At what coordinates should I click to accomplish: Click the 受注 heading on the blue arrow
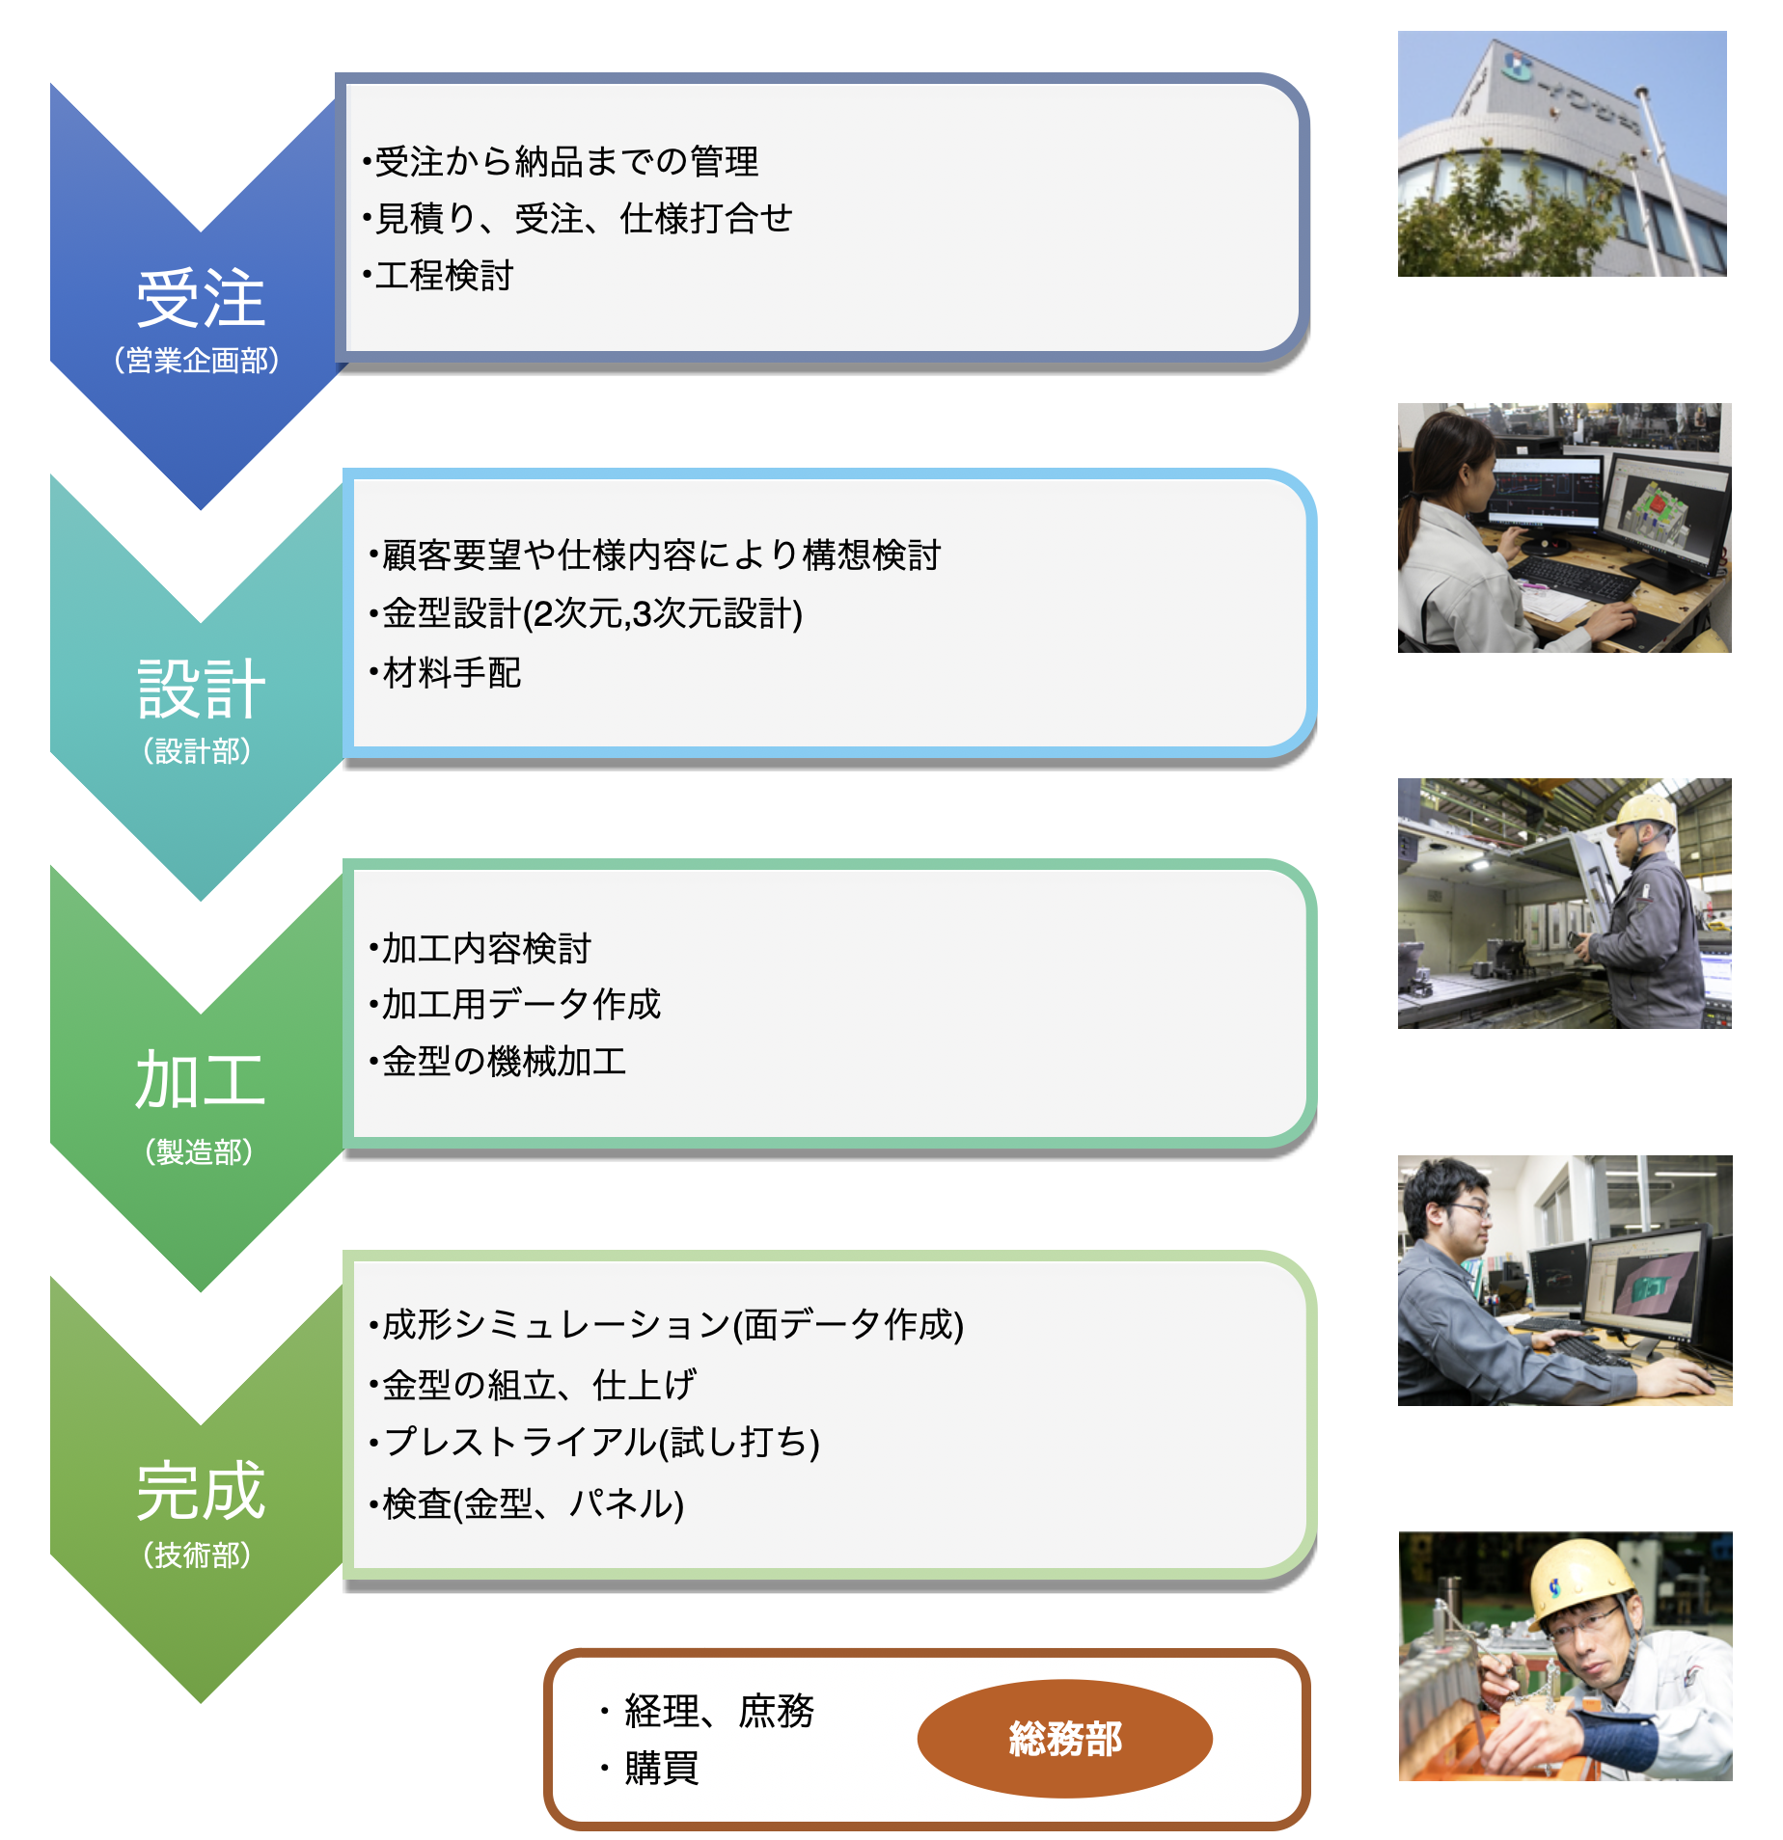[x=201, y=298]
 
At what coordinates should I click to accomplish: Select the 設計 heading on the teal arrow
[x=201, y=689]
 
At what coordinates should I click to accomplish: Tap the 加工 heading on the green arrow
[x=201, y=1079]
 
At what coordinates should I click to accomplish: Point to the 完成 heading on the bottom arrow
[x=201, y=1490]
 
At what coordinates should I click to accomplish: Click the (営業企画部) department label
[x=197, y=360]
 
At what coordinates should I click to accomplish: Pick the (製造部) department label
[x=199, y=1151]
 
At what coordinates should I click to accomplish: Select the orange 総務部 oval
[x=1064, y=1738]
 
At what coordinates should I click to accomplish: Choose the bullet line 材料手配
[x=445, y=673]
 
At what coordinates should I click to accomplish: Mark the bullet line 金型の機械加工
[x=498, y=1062]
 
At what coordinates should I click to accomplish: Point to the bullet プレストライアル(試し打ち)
[x=594, y=1443]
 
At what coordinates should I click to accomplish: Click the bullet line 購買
[x=649, y=1769]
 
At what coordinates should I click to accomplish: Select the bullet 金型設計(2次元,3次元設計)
[x=586, y=613]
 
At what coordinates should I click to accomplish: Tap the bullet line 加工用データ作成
[x=515, y=1005]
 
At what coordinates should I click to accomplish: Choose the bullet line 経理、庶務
[x=707, y=1712]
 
